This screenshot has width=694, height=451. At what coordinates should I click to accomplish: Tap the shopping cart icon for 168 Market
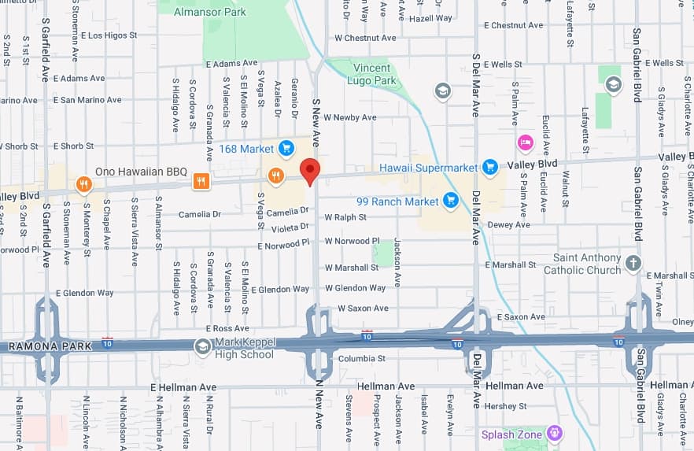point(286,147)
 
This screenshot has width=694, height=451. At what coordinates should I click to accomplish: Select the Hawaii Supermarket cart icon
point(490,166)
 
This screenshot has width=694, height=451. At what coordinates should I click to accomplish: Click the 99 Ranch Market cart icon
point(451,201)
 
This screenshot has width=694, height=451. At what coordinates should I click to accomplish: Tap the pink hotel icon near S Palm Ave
point(525,142)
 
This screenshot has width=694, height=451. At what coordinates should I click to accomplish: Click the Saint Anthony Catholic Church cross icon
point(633,262)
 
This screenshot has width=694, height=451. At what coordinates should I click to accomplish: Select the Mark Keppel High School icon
point(203,346)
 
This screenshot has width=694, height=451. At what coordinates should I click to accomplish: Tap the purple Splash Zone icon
point(556,434)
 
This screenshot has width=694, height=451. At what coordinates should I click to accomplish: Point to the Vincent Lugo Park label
point(373,74)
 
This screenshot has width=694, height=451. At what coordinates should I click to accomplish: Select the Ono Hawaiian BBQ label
point(142,172)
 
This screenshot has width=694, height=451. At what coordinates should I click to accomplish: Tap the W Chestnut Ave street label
point(365,38)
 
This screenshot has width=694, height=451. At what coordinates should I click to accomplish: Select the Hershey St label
point(506,406)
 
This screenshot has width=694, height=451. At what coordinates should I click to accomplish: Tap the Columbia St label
point(361,359)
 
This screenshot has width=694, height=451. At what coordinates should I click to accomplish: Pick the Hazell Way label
point(431,18)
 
